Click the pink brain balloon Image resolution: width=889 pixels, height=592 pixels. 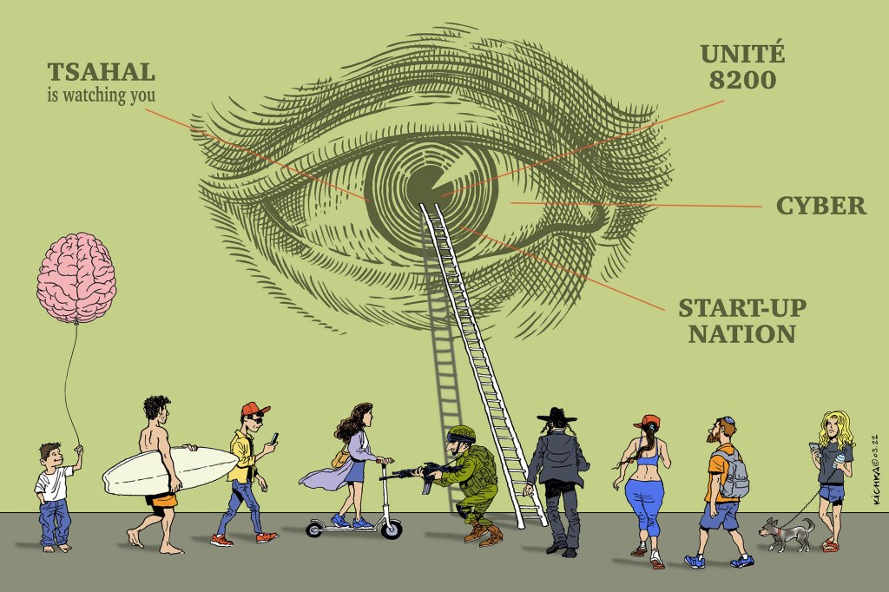pos(76,277)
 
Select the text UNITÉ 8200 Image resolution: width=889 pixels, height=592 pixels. pos(742,67)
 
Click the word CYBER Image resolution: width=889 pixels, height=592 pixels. pos(820,206)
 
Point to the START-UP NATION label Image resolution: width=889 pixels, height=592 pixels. pos(741,320)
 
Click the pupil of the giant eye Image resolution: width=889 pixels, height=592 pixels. pos(425,183)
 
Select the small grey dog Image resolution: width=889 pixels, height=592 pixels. pos(786,531)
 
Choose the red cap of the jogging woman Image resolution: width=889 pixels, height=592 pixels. pos(648,423)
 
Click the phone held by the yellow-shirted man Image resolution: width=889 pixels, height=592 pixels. pos(275,437)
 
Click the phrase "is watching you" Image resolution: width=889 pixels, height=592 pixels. pos(101,95)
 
